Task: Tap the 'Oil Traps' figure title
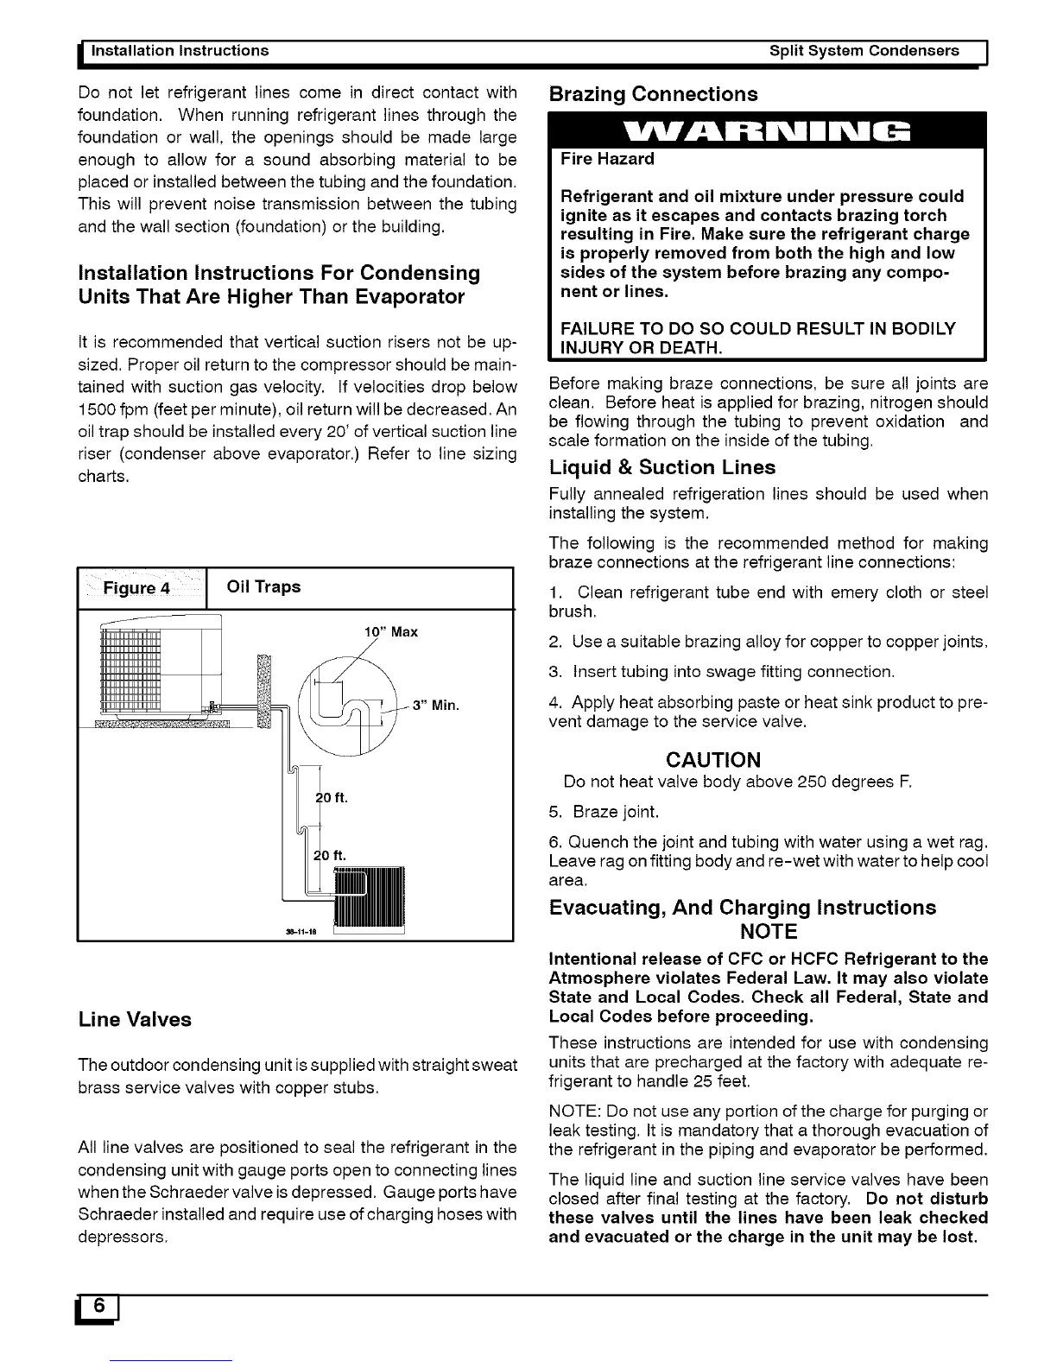coord(263,586)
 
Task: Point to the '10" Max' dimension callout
coord(391,631)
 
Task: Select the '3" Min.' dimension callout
coord(435,705)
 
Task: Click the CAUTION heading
coord(713,760)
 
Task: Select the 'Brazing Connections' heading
coord(654,94)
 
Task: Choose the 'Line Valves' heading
coord(135,1019)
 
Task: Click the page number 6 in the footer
coord(100,1308)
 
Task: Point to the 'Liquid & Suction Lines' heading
coord(662,467)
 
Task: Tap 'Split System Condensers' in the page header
coord(864,51)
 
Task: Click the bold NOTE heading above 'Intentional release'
coord(769,932)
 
